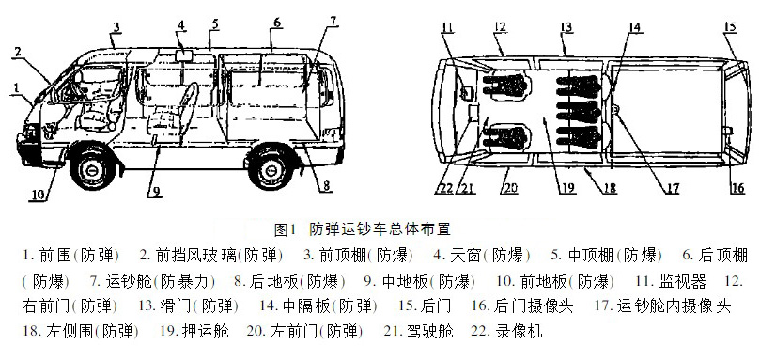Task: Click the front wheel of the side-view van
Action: (x=93, y=167)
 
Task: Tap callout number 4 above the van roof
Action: (x=180, y=25)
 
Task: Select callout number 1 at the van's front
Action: (x=16, y=87)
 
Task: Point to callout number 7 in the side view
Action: (x=333, y=22)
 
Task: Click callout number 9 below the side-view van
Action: (x=157, y=192)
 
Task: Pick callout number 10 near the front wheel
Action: (x=39, y=195)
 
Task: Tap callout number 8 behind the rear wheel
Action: (x=326, y=185)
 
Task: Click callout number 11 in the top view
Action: (x=448, y=27)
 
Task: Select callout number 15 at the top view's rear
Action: (x=730, y=26)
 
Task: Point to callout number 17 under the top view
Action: (x=672, y=188)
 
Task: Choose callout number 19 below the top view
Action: (x=568, y=187)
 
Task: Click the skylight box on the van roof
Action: (x=184, y=55)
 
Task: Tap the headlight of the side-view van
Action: (x=30, y=133)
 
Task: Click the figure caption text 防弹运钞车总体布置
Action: (x=380, y=229)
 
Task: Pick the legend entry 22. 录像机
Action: (x=506, y=332)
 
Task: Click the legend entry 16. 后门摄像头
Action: (x=522, y=306)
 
